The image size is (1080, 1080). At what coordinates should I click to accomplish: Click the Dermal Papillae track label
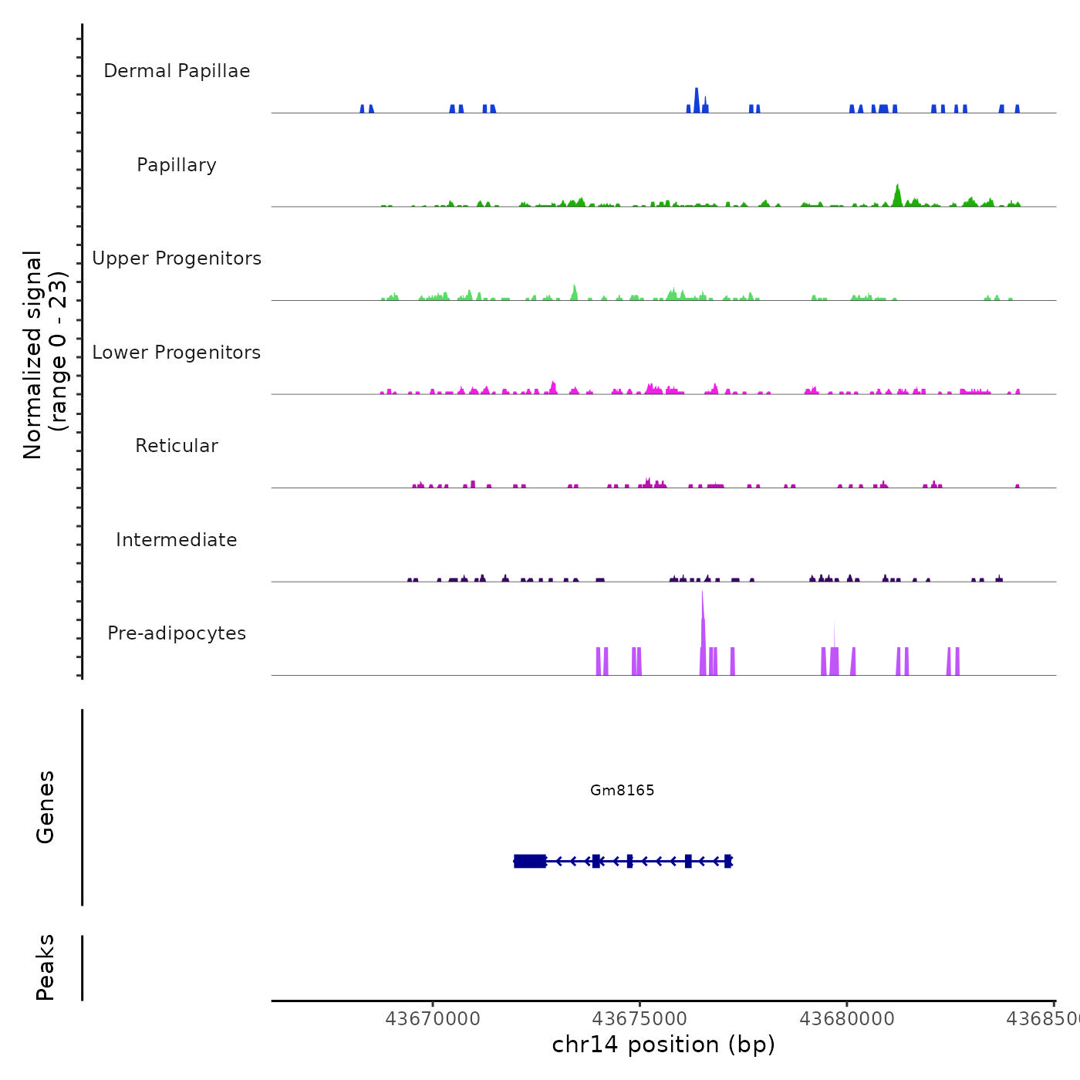177,71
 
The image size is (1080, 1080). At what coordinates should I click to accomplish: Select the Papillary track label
177,165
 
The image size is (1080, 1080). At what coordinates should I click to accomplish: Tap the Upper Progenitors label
177,258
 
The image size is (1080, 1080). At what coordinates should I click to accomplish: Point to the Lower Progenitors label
177,353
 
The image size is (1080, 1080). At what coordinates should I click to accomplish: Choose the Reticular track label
177,446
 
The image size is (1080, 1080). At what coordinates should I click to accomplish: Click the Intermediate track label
177,540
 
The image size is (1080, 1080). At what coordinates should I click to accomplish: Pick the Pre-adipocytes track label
177,633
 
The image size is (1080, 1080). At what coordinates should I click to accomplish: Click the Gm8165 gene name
622,790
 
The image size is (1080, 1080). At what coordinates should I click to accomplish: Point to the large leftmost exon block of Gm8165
530,861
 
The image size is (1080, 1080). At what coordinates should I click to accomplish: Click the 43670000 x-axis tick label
433,1019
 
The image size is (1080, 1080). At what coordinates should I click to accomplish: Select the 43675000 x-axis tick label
640,1019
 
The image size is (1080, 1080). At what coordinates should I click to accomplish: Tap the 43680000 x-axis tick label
847,1019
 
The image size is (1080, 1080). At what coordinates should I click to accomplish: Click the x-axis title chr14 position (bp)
663,1045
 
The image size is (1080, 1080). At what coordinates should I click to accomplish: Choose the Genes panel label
46,807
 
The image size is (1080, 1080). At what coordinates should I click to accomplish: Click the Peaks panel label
46,967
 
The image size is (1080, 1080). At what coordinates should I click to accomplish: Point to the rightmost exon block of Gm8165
727,861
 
